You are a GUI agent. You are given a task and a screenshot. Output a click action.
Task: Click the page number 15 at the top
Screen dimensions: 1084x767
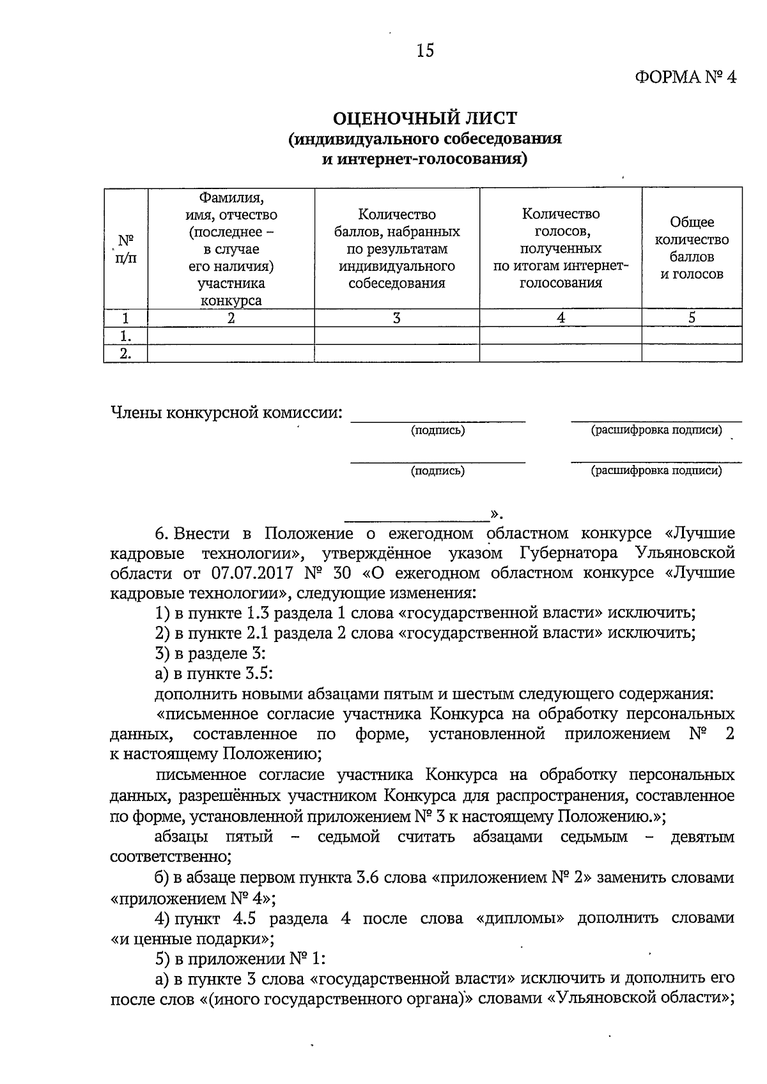click(x=425, y=50)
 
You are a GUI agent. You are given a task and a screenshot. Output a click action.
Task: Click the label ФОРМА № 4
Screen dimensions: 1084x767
click(x=686, y=77)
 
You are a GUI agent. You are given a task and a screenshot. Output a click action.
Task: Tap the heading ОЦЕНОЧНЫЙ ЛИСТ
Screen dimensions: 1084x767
click(x=425, y=118)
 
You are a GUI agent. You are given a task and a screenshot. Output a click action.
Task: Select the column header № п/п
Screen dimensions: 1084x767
click(x=126, y=249)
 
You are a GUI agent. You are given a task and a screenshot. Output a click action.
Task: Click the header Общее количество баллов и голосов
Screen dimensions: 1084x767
click(x=692, y=248)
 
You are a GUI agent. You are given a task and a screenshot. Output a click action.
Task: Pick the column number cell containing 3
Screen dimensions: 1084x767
click(x=397, y=318)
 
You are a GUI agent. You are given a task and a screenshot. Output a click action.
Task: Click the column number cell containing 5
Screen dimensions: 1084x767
click(x=692, y=318)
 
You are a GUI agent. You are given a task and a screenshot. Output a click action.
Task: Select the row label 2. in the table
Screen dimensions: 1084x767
click(x=126, y=354)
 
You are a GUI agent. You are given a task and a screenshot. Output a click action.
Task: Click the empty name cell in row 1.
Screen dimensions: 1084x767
click(x=231, y=336)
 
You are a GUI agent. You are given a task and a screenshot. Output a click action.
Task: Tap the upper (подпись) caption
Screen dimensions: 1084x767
click(x=438, y=431)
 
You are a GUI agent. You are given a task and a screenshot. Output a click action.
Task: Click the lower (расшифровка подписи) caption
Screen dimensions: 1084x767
click(x=656, y=471)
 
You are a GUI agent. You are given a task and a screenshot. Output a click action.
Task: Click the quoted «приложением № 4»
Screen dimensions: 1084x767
click(x=190, y=898)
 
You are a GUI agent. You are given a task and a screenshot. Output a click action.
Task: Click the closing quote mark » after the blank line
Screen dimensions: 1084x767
click(x=495, y=514)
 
